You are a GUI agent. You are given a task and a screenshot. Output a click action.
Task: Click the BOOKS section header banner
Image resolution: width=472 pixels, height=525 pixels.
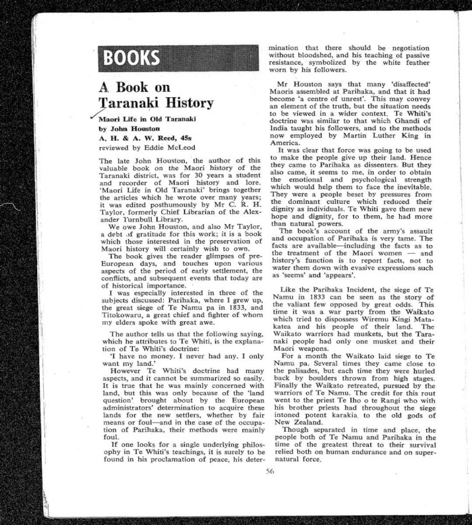tap(178, 58)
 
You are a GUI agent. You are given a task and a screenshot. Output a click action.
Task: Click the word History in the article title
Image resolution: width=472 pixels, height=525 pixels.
tap(181, 103)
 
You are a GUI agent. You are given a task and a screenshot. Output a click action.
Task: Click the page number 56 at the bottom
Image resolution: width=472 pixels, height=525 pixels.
tap(270, 472)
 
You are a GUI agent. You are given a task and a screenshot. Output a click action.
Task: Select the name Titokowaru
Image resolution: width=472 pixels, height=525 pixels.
tap(126, 315)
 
